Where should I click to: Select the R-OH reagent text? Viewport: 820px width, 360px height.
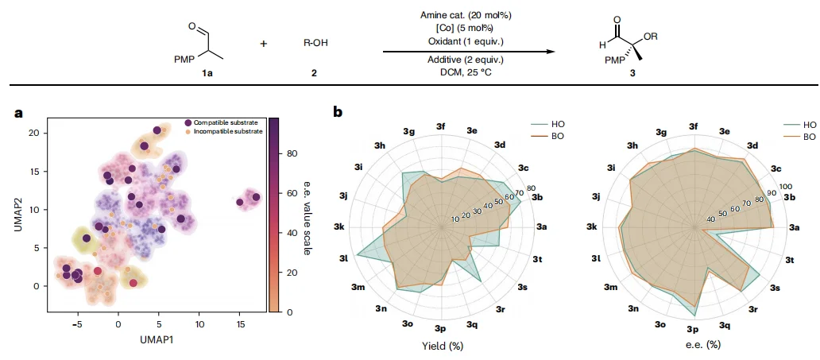(x=315, y=41)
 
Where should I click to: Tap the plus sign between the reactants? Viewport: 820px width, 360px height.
(x=264, y=42)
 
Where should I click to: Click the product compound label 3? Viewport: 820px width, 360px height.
(x=632, y=72)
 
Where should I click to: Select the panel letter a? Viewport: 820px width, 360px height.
(x=18, y=113)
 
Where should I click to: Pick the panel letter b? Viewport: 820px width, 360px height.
(x=338, y=113)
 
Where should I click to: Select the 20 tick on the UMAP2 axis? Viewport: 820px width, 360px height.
(x=33, y=133)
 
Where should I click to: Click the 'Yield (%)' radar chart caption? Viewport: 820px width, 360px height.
(x=443, y=345)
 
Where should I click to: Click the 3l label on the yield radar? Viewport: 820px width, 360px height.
(x=342, y=259)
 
